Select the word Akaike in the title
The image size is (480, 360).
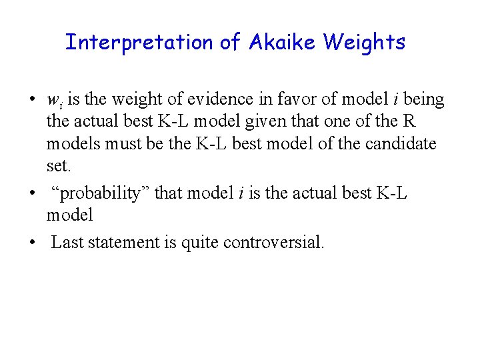[283, 43]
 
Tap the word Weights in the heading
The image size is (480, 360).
[364, 43]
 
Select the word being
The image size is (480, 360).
[423, 100]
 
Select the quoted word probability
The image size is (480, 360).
[103, 193]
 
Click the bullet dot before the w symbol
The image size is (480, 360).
[32, 101]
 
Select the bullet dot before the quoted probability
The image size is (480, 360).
[32, 193]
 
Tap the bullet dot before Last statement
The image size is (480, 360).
[32, 242]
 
